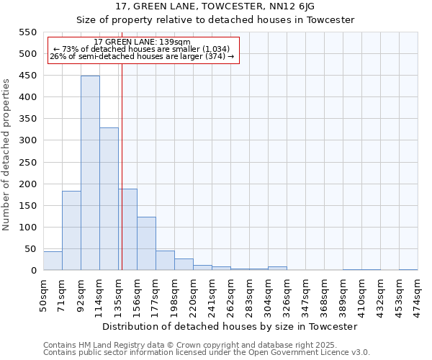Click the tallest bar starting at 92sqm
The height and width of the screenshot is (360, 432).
pos(90,173)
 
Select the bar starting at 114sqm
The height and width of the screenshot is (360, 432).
pos(109,199)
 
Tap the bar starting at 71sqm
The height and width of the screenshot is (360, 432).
pos(71,230)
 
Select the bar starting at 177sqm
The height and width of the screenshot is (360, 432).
pos(165,261)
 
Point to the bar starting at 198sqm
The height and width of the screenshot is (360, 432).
pos(184,264)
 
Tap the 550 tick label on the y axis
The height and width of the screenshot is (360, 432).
pos(27,32)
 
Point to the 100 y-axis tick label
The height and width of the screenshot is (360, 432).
pos(27,228)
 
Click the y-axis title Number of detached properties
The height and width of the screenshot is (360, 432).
pos(7,155)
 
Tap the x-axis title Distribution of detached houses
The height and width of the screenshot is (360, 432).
pos(230,326)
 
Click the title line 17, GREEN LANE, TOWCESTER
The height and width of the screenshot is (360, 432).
pos(215,6)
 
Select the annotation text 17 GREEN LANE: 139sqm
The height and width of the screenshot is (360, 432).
pos(142,42)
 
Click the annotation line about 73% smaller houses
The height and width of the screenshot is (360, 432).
pos(141,49)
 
